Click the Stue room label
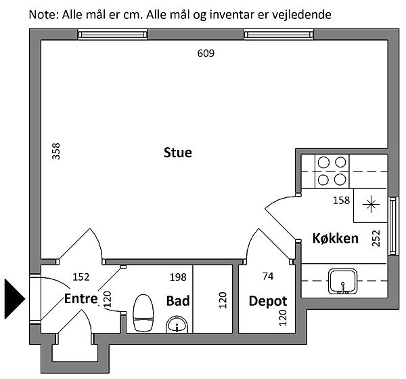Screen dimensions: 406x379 (x=177, y=153)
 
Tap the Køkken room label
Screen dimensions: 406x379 (x=336, y=239)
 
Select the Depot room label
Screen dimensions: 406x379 (x=268, y=302)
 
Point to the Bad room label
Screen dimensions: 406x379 (x=178, y=301)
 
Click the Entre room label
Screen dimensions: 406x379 (x=81, y=298)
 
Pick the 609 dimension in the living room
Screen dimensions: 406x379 (x=206, y=54)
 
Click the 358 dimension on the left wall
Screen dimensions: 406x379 (x=56, y=151)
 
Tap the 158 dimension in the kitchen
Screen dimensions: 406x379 (x=341, y=200)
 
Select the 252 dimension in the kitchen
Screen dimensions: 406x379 (x=376, y=238)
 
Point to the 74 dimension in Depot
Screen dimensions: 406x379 (x=268, y=277)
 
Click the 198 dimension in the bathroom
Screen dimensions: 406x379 (x=178, y=277)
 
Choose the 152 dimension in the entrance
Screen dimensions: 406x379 (x=81, y=277)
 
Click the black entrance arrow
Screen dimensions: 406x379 (x=14, y=299)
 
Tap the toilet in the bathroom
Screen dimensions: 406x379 (x=143, y=313)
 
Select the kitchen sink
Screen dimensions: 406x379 (x=342, y=281)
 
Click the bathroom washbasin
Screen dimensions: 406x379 (x=177, y=325)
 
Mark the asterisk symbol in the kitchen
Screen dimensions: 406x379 (x=371, y=205)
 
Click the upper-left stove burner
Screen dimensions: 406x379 (x=323, y=163)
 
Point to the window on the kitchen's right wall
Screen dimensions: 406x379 (x=393, y=226)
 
